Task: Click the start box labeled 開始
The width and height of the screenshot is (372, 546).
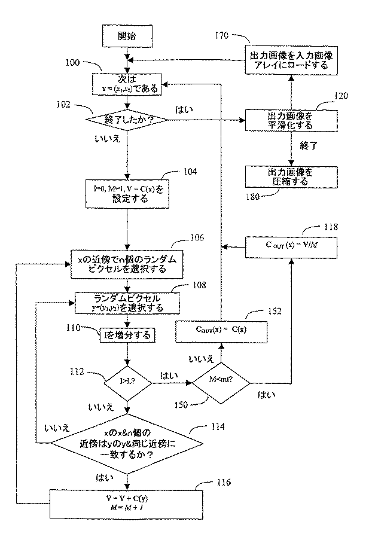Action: [127, 36]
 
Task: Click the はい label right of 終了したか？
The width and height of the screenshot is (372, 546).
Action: [184, 110]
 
